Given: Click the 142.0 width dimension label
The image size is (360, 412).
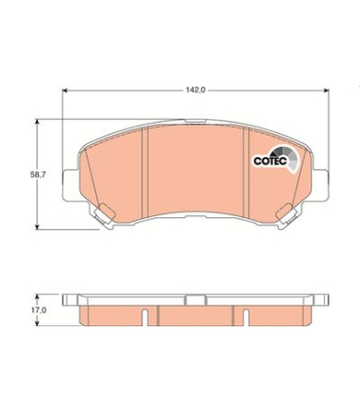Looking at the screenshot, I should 196,91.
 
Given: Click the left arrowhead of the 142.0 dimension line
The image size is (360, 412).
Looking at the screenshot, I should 66,91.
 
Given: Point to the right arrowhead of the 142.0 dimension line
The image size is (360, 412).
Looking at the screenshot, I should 324,91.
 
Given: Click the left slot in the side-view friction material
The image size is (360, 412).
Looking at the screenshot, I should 144,315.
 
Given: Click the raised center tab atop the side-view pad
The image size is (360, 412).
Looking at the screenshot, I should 195,297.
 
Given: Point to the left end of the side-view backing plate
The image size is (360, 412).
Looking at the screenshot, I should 67,300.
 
